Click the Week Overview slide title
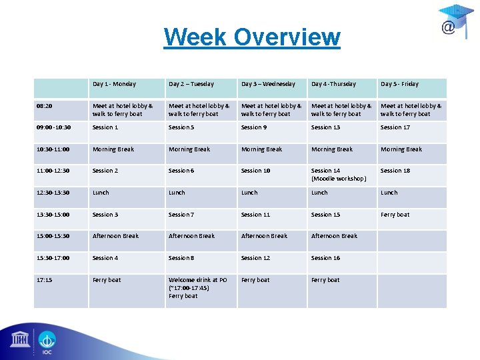point(251,37)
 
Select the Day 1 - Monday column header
point(114,85)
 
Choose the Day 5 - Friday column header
point(399,85)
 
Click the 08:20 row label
point(45,106)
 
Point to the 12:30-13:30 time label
point(54,193)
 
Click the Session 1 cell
point(105,127)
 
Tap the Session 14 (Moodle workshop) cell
point(339,175)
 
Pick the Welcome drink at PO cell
point(198,287)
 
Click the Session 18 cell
point(395,171)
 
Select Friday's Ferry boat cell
point(395,215)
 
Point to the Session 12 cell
point(256,258)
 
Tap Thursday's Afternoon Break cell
point(335,236)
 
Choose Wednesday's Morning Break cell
point(262,149)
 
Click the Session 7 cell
point(181,215)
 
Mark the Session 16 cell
point(325,258)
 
